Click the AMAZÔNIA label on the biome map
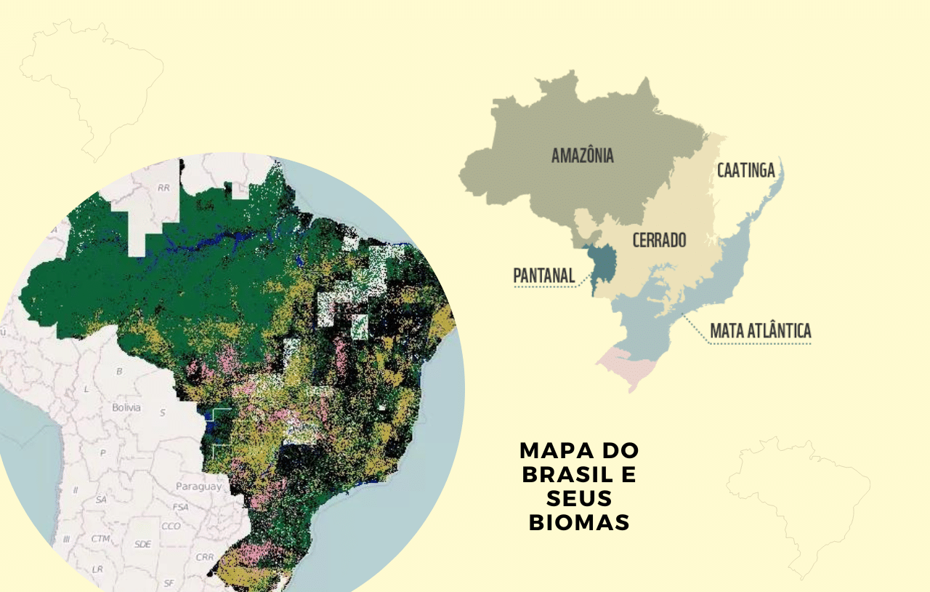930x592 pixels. (x=582, y=156)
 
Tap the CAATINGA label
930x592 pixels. (x=745, y=170)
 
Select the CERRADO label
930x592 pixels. (x=659, y=240)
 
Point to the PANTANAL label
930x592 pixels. (x=543, y=276)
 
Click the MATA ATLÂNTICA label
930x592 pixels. (x=760, y=332)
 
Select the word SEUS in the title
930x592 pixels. (x=579, y=498)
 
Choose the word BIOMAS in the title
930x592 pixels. (x=579, y=522)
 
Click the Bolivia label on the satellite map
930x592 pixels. (x=126, y=407)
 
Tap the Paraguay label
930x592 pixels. (x=198, y=487)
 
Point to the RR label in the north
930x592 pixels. (x=163, y=188)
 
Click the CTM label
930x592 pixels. (x=101, y=539)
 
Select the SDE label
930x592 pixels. (x=143, y=544)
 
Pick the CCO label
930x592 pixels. (x=171, y=526)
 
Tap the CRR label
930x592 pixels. (x=205, y=557)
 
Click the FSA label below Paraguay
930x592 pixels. (x=181, y=506)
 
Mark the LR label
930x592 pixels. (x=97, y=569)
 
